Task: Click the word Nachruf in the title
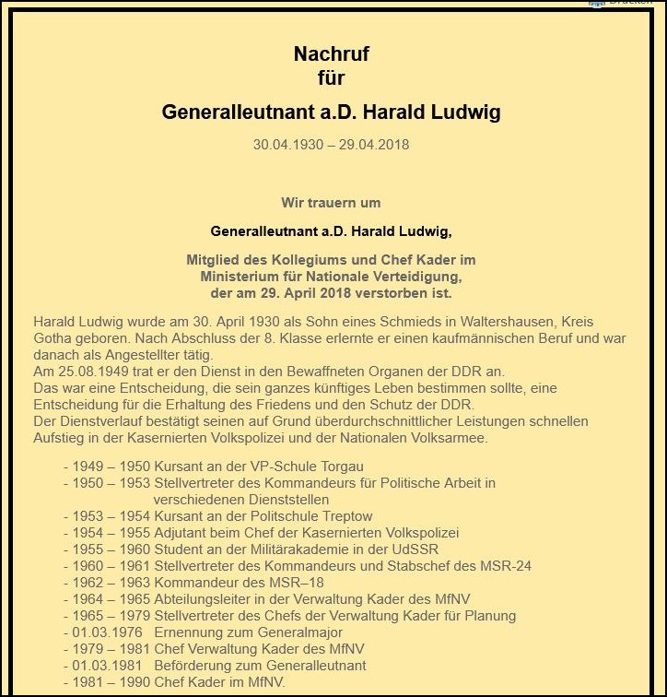click(x=332, y=53)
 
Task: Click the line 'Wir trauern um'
click(x=331, y=203)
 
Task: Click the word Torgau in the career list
click(x=343, y=466)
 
